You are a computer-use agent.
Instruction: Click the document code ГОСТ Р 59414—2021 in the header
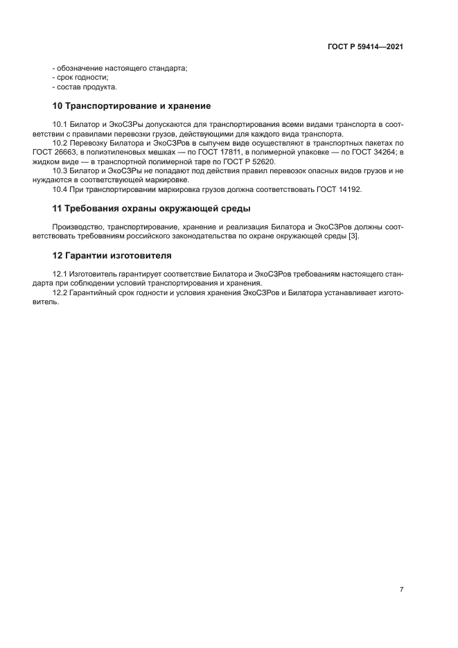(x=366, y=46)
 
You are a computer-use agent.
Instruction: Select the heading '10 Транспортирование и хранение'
(x=132, y=106)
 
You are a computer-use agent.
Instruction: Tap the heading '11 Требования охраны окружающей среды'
(x=152, y=209)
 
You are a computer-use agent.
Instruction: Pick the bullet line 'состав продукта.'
(x=84, y=87)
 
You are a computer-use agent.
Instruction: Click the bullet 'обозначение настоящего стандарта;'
(x=120, y=68)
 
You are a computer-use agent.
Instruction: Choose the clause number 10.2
(x=60, y=142)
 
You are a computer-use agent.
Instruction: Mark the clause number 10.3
(x=60, y=170)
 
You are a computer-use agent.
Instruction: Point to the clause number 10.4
(x=60, y=189)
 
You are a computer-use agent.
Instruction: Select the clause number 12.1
(x=60, y=274)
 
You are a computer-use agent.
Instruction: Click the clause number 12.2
(x=60, y=293)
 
